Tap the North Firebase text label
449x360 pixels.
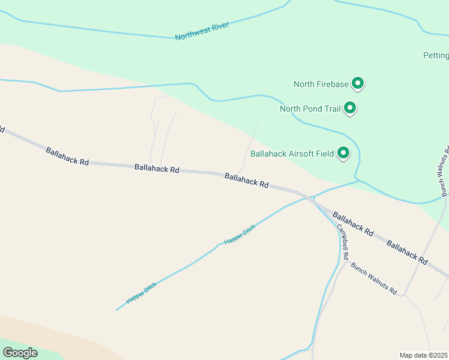321,84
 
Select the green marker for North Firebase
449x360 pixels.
358,83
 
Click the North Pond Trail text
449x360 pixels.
310,109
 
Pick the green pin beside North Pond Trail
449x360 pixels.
350,108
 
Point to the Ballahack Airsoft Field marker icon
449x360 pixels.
344,153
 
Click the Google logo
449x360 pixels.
20,353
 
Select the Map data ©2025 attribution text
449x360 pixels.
423,355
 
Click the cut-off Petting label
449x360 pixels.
435,56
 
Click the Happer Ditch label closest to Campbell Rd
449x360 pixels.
240,234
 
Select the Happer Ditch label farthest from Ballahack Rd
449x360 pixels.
141,292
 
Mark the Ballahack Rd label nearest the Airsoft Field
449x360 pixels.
246,180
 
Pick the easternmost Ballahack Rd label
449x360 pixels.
407,253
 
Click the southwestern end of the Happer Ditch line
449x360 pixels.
116,310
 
